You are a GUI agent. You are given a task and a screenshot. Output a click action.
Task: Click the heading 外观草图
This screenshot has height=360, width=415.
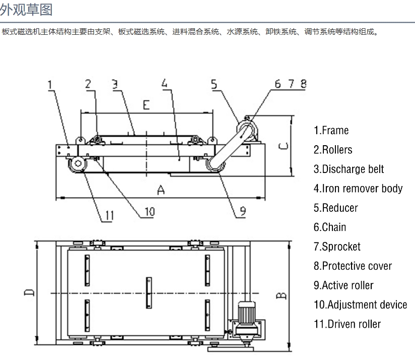26,9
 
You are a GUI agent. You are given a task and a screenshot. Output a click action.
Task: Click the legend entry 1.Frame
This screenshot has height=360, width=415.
331,131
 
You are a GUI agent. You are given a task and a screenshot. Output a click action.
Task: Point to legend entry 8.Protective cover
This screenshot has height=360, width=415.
352,266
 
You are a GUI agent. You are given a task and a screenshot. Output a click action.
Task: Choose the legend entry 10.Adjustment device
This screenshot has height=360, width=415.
360,305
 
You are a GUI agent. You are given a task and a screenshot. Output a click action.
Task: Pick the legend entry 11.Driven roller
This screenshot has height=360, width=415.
347,324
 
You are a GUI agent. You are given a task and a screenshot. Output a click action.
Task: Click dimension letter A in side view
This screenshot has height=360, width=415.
161,190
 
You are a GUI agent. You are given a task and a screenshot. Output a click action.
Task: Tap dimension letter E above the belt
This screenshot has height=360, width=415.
146,105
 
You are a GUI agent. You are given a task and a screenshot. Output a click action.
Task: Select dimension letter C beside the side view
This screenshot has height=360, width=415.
284,146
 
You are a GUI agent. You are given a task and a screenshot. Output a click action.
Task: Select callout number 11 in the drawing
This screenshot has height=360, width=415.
108,216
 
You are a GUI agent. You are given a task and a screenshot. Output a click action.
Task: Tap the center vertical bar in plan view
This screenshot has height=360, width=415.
148,293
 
